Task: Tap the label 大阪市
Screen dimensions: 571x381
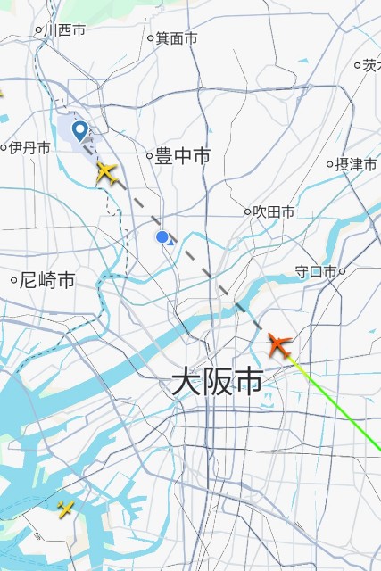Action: coord(217,383)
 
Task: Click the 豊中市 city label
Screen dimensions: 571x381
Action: coord(183,156)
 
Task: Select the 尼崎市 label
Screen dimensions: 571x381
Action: coord(48,281)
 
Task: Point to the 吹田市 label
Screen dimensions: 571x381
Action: coord(275,211)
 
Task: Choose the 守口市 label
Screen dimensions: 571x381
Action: coord(315,271)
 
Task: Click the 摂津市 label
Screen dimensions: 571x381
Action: coord(355,164)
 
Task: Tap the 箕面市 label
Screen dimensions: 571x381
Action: coord(177,38)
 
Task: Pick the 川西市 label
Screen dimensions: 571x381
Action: coord(66,30)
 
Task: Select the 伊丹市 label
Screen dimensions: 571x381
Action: coord(30,148)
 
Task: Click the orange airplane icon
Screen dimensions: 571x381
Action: coord(280,344)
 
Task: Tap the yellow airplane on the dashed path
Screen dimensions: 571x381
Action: coord(108,172)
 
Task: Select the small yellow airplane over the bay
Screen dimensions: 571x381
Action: coord(66,509)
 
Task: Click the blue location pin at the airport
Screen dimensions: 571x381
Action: coord(80,132)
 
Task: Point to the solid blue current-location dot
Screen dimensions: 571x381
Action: coord(162,237)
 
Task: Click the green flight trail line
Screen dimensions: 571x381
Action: coord(344,416)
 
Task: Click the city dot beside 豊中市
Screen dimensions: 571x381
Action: coord(150,156)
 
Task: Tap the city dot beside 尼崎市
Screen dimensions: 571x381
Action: coord(14,281)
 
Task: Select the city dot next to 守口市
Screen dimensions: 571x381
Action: coord(342,271)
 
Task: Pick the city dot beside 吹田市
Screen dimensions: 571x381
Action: coord(248,211)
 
